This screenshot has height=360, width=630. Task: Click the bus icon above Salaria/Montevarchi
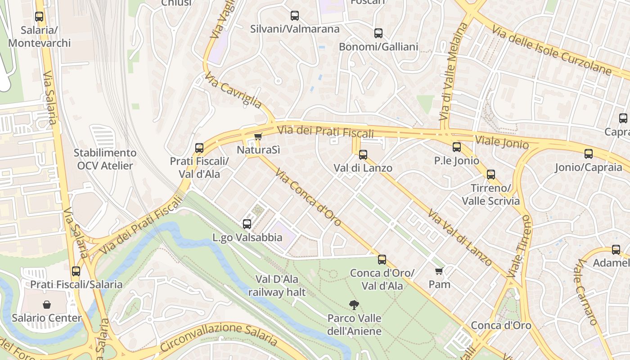point(39,17)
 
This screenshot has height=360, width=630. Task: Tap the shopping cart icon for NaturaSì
point(258,136)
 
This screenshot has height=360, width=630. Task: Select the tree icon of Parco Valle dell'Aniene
point(354,305)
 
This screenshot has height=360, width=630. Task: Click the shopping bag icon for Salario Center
point(46,305)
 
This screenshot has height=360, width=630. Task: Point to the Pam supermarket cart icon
point(439,271)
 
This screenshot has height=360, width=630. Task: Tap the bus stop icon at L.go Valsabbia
point(247,224)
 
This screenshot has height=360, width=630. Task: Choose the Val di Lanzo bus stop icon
point(363,155)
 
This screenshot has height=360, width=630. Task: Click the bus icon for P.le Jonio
point(457,147)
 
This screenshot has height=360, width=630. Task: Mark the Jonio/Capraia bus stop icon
point(588,154)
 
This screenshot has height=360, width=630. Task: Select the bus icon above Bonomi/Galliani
point(378,33)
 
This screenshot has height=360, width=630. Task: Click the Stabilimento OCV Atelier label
point(105,159)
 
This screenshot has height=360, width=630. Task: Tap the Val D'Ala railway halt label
point(277,286)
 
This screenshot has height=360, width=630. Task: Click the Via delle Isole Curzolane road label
point(551,50)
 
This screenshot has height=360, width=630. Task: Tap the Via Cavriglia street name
point(233,90)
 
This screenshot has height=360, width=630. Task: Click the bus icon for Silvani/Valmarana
point(295,16)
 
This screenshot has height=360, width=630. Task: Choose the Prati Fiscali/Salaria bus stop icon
point(76,271)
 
